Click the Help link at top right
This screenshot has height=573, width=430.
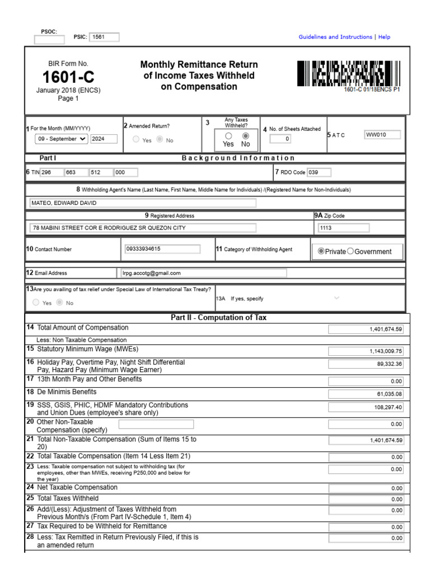pos(384,37)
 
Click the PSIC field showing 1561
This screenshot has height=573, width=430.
pos(104,37)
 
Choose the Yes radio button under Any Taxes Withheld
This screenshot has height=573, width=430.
pos(228,136)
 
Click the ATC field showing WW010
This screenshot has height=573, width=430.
pos(382,135)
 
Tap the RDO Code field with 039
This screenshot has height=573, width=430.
pos(319,172)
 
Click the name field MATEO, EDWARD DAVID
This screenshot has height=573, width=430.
pos(143,203)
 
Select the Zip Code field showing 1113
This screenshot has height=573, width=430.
pos(343,228)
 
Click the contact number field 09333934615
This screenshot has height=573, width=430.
pos(161,249)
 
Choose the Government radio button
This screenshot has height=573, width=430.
pos(350,251)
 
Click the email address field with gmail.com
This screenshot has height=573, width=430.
pos(203,273)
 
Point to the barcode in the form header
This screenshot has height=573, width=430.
pos(348,73)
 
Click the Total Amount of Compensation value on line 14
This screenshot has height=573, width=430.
pos(366,330)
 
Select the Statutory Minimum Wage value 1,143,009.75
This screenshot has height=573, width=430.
pos(366,351)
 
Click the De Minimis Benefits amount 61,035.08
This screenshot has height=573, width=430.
pos(366,394)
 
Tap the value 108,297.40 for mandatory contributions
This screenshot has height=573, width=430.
pos(366,407)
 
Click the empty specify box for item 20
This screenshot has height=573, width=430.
pos(156,425)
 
